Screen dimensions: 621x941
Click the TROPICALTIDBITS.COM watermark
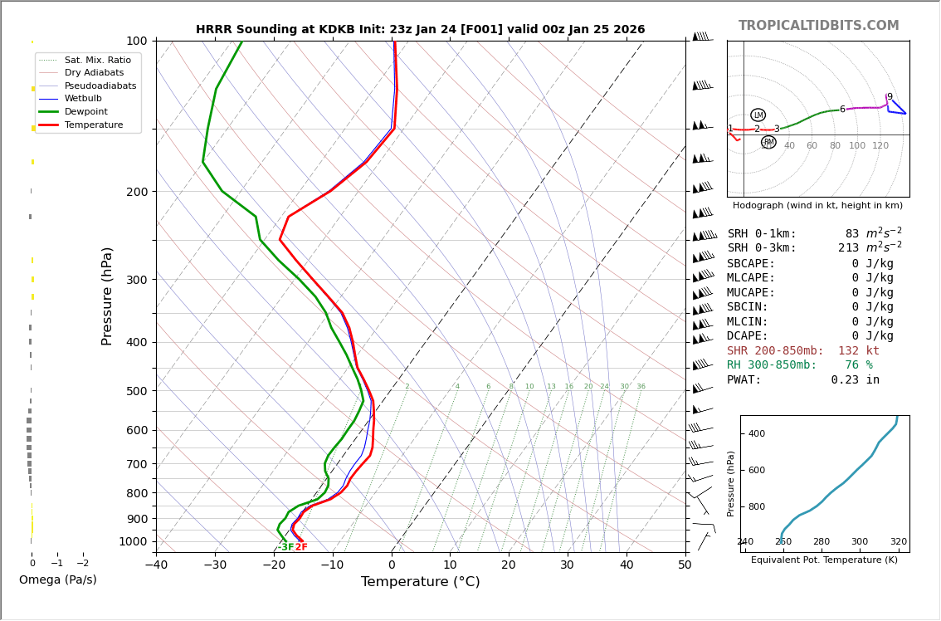[818, 26]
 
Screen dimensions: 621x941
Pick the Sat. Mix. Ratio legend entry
[97, 60]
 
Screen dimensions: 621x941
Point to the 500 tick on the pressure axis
[137, 391]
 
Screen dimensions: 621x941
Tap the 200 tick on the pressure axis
[137, 192]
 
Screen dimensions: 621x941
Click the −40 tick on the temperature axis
[156, 565]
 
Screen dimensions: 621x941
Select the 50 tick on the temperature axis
[685, 565]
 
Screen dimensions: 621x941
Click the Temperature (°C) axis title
[420, 582]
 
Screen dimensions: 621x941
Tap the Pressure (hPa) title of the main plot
[107, 296]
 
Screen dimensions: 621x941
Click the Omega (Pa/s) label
[57, 579]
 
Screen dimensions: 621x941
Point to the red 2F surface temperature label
[301, 547]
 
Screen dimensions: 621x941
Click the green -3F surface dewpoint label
[285, 547]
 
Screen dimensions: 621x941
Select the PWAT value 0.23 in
[855, 380]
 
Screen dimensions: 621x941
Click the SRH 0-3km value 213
[849, 248]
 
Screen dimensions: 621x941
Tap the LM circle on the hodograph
[758, 115]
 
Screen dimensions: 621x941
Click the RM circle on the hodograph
[768, 142]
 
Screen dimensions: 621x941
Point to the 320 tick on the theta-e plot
[898, 542]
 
